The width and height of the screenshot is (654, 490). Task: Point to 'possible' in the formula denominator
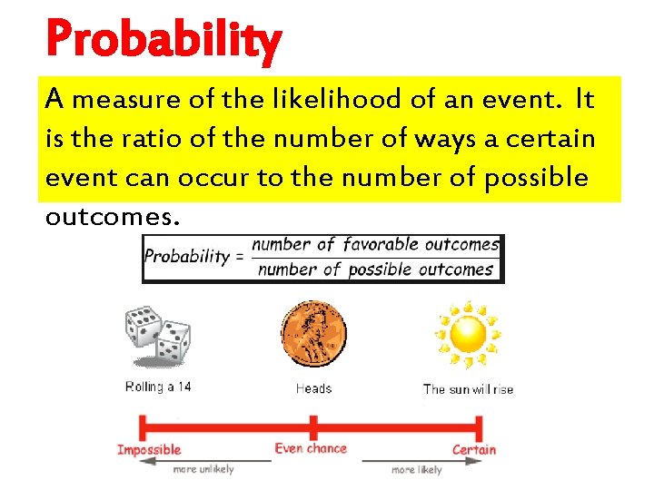point(381,269)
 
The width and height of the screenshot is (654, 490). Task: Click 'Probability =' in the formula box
point(194,256)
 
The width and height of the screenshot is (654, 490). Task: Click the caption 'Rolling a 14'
point(158,387)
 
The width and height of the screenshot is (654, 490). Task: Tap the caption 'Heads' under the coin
point(313,388)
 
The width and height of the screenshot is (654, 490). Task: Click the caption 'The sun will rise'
point(468,388)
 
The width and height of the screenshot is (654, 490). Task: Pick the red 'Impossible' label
point(149,449)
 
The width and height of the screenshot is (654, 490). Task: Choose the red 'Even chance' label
point(311,448)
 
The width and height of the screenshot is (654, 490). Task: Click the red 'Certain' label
point(474,449)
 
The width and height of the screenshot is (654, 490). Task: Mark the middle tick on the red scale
point(312,426)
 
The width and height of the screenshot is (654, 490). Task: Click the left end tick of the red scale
point(140,426)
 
